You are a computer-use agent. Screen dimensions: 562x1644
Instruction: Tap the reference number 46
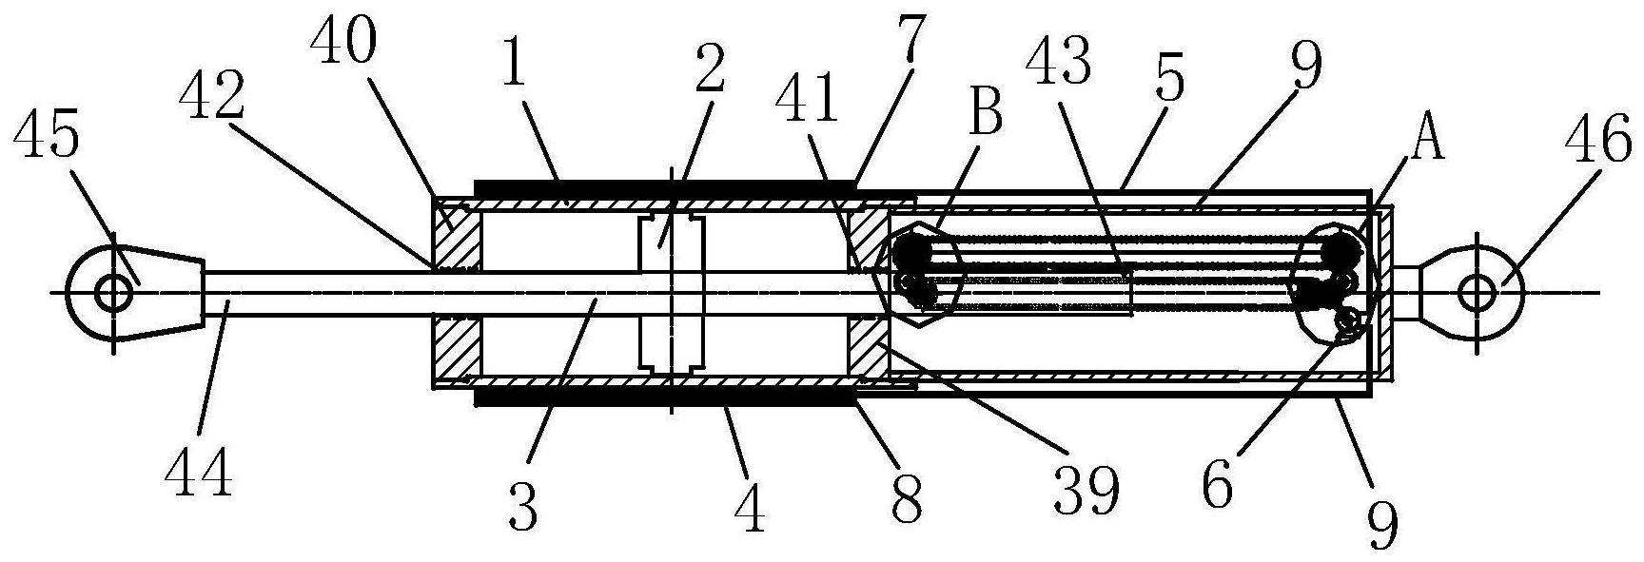tap(1600, 147)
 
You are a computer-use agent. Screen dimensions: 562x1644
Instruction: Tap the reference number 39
tap(1088, 490)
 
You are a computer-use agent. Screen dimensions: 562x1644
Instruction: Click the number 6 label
tap(1219, 486)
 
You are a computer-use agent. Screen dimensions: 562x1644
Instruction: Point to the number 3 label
tap(522, 506)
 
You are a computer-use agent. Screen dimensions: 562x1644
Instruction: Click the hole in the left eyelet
tap(113, 292)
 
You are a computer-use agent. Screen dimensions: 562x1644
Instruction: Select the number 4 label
tap(750, 508)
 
